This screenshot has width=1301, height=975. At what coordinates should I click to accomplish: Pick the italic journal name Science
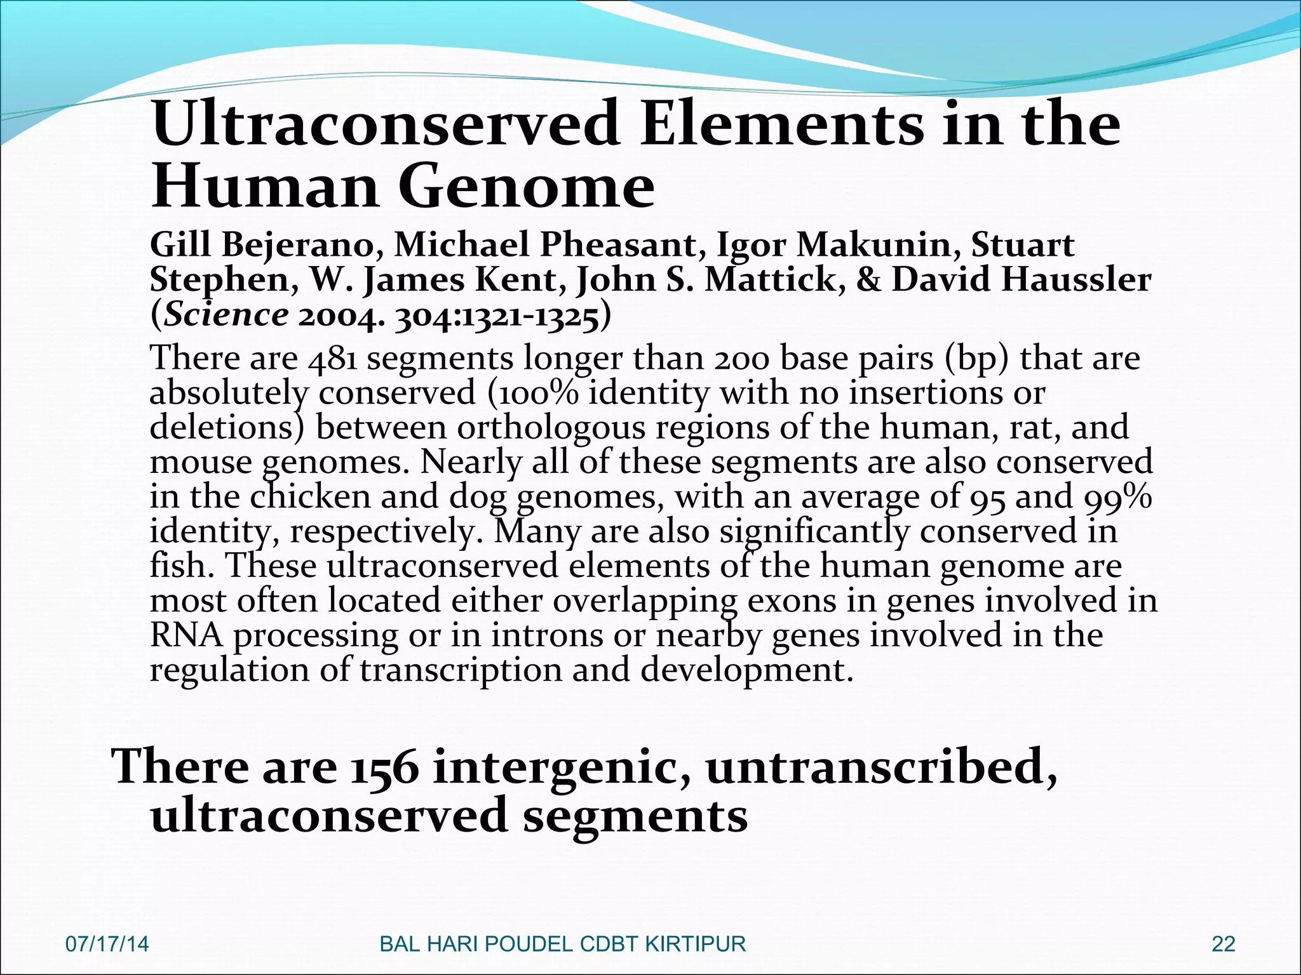[226, 315]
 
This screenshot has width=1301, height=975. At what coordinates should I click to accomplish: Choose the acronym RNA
[186, 635]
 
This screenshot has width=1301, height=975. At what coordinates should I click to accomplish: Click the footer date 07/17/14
[107, 944]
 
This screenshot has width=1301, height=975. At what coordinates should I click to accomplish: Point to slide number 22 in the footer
[1223, 944]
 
